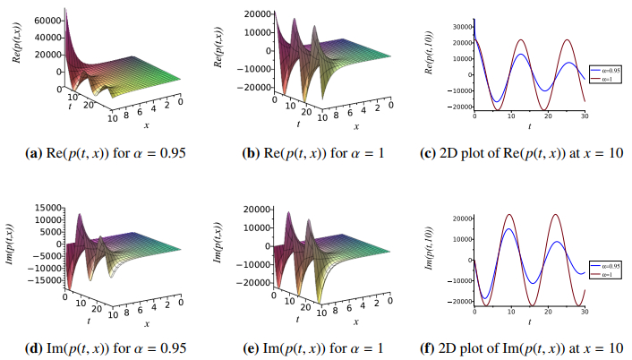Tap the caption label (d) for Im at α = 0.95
click(28, 347)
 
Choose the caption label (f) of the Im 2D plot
click(429, 347)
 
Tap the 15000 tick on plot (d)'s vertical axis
click(46, 209)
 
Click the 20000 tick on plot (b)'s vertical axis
click(260, 15)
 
